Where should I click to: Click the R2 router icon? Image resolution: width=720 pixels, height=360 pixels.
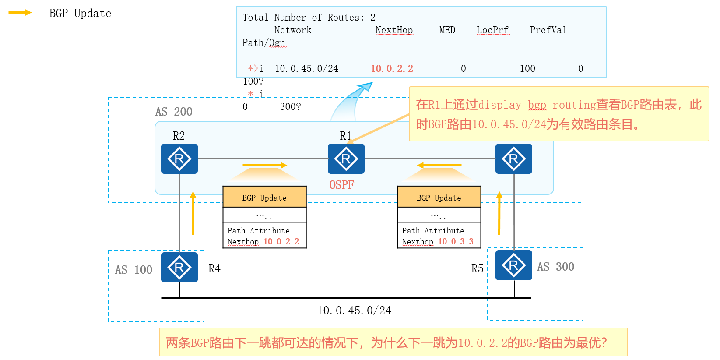[179, 159]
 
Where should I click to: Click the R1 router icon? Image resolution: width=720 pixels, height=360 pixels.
[346, 159]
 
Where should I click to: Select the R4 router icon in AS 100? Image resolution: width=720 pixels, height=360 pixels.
[179, 267]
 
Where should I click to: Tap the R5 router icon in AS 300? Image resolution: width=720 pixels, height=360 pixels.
[513, 265]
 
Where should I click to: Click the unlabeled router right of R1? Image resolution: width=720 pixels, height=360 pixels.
[513, 159]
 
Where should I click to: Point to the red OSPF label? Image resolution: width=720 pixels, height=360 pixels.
[341, 185]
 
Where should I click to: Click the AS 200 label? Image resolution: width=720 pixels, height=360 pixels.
[174, 112]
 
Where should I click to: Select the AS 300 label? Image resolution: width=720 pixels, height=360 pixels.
[555, 267]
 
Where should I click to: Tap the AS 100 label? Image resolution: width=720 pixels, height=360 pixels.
[133, 270]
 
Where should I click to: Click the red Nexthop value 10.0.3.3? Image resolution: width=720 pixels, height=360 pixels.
[456, 241]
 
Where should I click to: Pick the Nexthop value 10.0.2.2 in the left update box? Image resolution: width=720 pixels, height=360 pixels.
[281, 241]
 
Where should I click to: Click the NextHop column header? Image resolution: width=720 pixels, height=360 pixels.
[394, 30]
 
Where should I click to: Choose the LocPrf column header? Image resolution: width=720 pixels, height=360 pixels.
[492, 30]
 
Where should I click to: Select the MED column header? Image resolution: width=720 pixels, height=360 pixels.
[447, 30]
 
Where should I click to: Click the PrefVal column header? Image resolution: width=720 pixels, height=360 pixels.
[548, 30]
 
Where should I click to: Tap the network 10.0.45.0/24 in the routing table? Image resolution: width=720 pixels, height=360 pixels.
[306, 69]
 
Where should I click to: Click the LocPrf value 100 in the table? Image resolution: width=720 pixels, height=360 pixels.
[527, 69]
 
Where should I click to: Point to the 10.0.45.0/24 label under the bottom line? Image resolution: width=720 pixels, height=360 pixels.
[354, 311]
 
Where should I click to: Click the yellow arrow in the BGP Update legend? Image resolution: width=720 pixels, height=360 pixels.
[20, 13]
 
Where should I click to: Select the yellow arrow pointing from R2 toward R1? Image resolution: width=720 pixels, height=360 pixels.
[264, 165]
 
